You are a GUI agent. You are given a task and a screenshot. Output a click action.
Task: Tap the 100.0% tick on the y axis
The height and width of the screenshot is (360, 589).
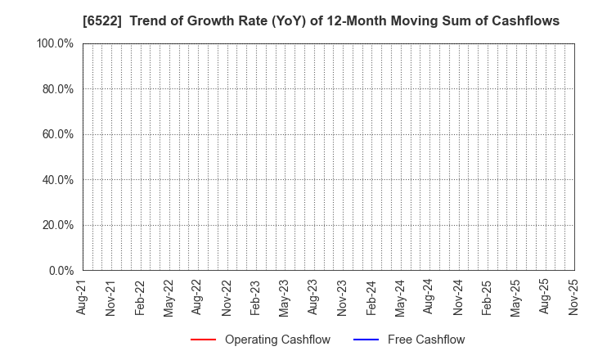tap(56, 43)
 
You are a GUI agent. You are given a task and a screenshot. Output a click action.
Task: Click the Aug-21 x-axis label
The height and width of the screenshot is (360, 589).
tap(82, 296)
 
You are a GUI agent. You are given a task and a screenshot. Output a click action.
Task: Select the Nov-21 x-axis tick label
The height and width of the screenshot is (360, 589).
tap(110, 296)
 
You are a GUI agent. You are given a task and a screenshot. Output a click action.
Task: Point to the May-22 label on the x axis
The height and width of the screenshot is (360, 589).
tap(169, 296)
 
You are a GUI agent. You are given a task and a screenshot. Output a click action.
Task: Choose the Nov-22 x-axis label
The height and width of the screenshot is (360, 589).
tap(227, 296)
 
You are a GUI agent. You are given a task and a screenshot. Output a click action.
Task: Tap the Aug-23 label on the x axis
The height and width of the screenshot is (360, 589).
tap(313, 296)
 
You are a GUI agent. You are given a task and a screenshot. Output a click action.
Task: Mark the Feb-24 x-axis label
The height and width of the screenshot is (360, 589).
tap(371, 296)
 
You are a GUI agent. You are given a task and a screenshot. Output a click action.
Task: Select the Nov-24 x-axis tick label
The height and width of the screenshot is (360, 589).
tap(458, 296)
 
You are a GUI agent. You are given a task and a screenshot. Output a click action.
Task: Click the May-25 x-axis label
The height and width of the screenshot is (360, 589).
tap(515, 296)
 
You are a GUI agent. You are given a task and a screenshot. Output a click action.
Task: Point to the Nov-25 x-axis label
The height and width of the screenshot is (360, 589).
tap(573, 296)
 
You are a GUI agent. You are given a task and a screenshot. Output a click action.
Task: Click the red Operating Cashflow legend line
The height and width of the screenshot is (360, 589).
tap(202, 340)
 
